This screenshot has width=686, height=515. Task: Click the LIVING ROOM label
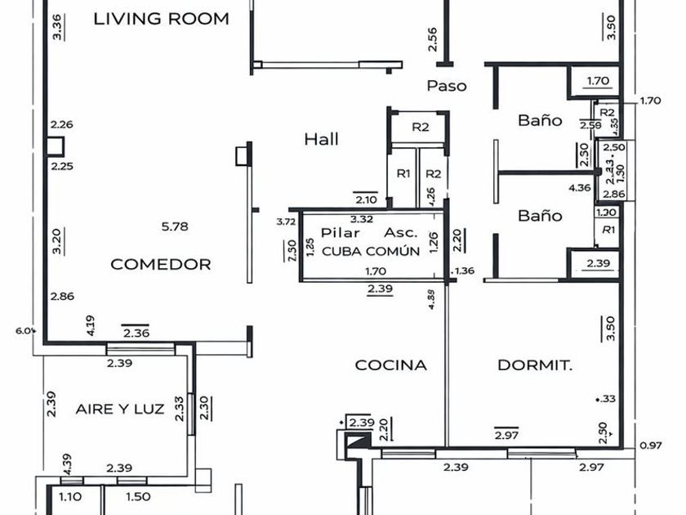pos(161,19)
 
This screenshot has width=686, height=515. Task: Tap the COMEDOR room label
pos(161,264)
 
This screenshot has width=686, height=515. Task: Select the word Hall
pos(321,139)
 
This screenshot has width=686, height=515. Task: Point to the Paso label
pos(447,85)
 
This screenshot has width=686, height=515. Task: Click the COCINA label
pos(390,365)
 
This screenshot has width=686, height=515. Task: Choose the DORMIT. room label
pos(535,365)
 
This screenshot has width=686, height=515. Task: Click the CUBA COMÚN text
pos(371,251)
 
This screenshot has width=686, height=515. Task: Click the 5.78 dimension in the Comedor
pos(176,226)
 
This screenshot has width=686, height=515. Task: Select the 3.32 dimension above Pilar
pos(362,219)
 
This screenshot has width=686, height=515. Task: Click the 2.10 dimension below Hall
pos(366,199)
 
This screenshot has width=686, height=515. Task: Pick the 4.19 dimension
pos(91,326)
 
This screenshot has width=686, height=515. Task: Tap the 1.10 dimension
pos(71,496)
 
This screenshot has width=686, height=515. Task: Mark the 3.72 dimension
pos(285,222)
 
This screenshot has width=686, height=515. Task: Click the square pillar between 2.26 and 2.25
pos(55,146)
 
